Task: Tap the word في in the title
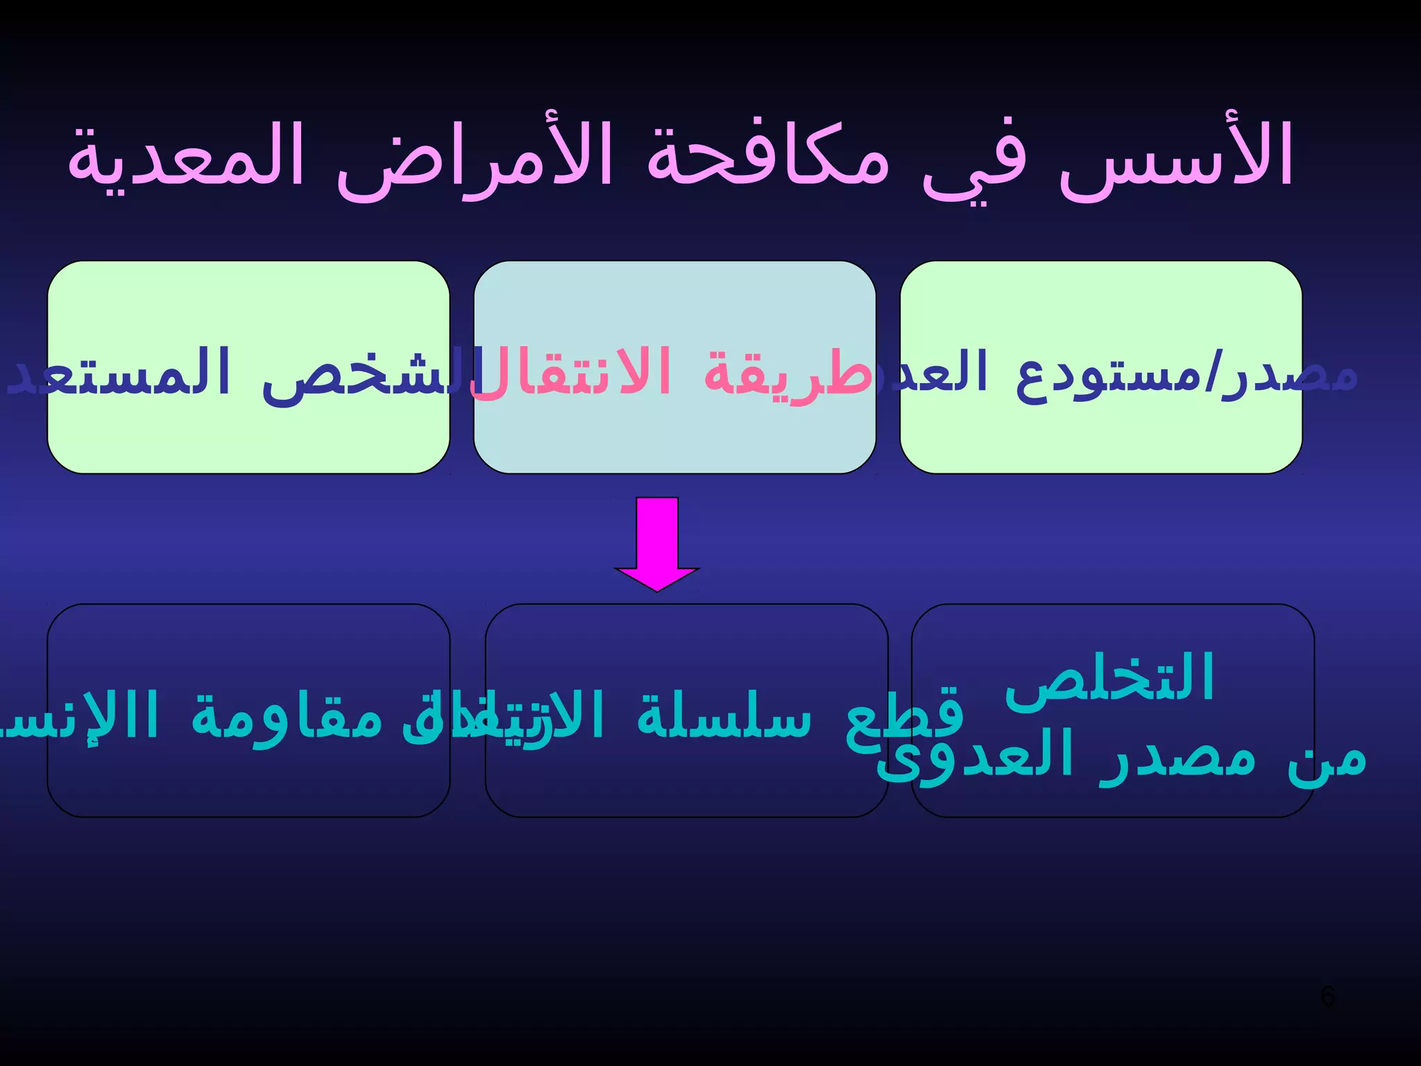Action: coord(975,163)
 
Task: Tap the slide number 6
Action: coord(1327,997)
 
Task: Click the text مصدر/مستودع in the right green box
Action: coord(1186,375)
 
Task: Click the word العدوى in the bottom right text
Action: coord(975,756)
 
